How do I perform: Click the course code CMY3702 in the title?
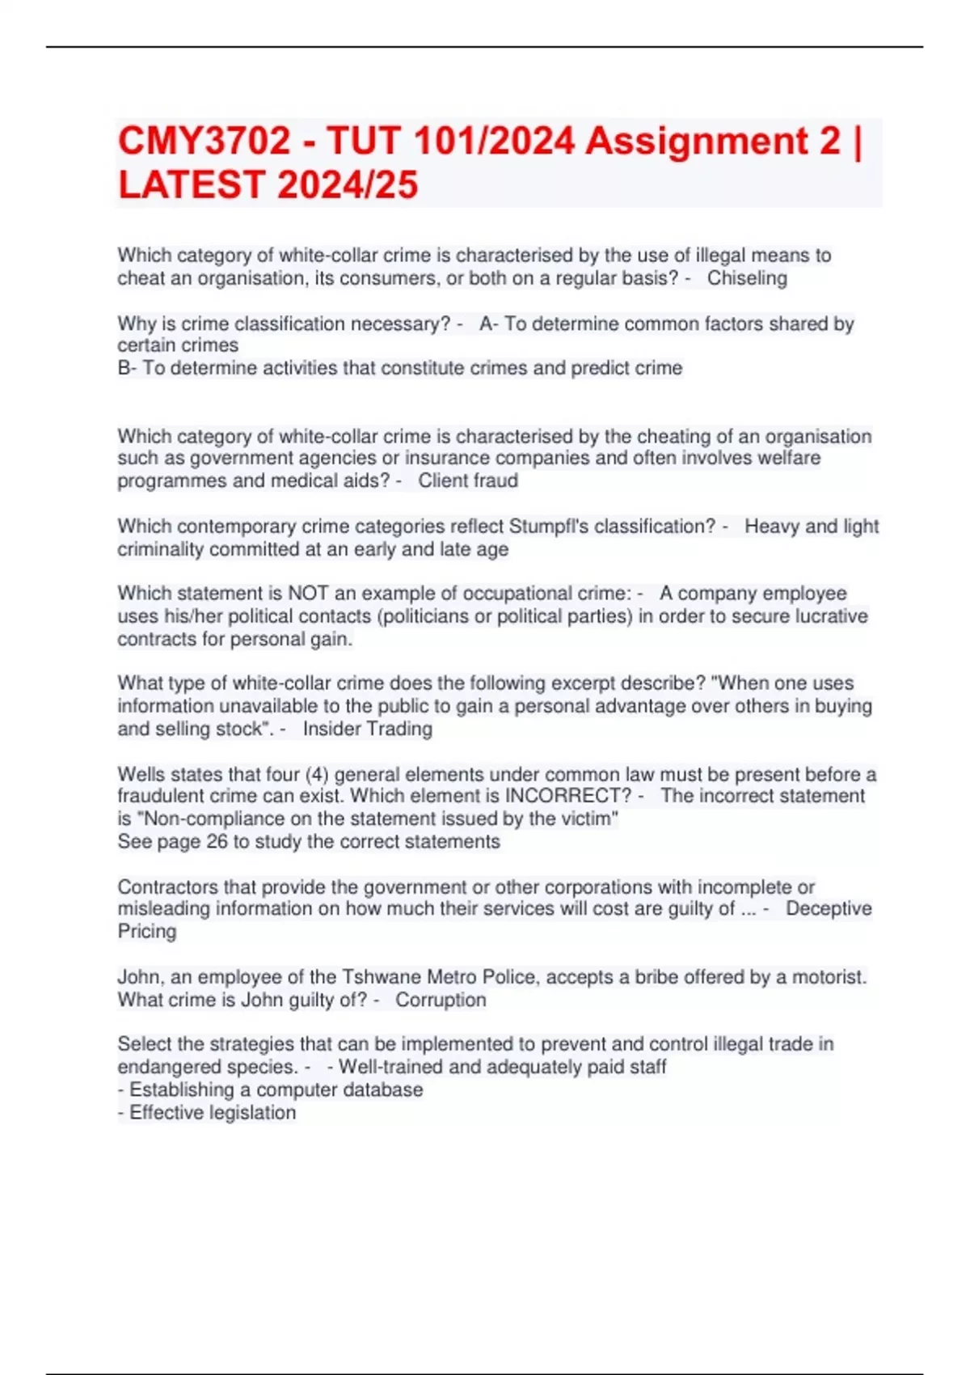click(204, 142)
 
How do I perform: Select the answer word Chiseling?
click(747, 278)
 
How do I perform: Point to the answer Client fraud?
click(468, 480)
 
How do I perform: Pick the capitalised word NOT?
click(308, 593)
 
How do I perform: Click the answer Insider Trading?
click(368, 729)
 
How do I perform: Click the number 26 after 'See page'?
click(217, 841)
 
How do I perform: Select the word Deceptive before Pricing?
click(829, 908)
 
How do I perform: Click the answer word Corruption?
click(441, 1000)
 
